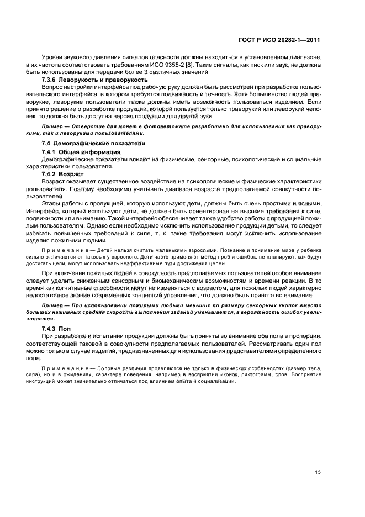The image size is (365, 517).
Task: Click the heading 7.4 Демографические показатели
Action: (93, 144)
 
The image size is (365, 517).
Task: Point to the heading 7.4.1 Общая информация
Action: (81, 152)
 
